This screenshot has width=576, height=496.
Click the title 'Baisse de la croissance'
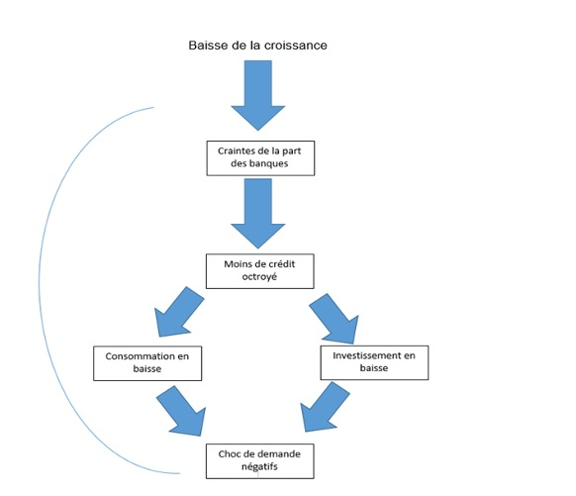tap(257, 46)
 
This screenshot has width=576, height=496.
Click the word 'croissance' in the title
tap(296, 46)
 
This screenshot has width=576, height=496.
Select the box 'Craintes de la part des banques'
tap(260, 158)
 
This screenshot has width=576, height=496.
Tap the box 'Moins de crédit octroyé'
tap(259, 271)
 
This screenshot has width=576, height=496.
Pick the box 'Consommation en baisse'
tap(147, 363)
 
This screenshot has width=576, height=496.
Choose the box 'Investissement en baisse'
tap(374, 362)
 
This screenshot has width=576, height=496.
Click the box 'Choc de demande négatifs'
tap(259, 461)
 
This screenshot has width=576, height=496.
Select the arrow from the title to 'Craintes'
tap(258, 95)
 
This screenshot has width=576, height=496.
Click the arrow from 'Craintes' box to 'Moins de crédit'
tap(258, 214)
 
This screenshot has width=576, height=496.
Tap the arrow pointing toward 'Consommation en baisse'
tap(179, 312)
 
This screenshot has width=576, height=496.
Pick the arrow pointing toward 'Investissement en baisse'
tap(334, 319)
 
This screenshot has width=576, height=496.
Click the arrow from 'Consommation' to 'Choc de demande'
tap(181, 411)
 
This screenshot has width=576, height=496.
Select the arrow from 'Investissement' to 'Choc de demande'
tap(325, 406)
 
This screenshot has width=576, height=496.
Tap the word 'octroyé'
tap(259, 276)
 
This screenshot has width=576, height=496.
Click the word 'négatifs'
tap(259, 466)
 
